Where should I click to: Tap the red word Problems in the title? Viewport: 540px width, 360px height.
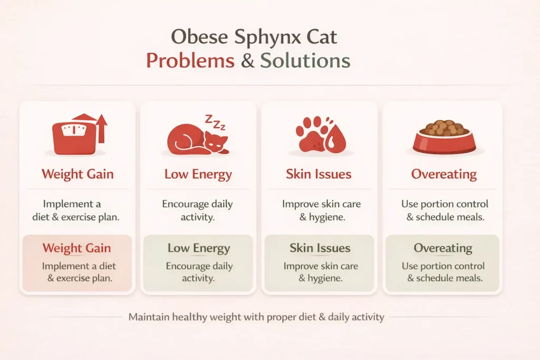coord(190,61)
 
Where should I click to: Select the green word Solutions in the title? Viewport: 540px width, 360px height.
coord(305,61)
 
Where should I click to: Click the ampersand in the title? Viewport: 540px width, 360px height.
coord(247,61)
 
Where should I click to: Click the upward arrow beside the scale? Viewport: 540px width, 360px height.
coord(101,128)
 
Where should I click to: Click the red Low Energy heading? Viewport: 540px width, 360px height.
coord(198,174)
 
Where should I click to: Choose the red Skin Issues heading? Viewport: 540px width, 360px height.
coord(319,174)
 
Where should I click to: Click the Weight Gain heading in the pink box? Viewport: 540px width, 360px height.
coord(77,248)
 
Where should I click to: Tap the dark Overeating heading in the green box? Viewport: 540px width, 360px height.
coord(442,248)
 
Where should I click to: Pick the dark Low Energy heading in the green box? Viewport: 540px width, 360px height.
coord(198,248)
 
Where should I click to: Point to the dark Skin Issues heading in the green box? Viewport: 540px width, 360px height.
coord(320,248)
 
